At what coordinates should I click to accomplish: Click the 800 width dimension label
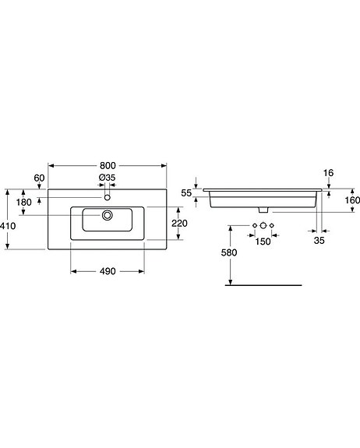point(108,165)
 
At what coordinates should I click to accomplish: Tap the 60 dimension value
point(39,178)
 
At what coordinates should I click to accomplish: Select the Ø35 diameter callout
point(107,178)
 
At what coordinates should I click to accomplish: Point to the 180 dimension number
point(24,203)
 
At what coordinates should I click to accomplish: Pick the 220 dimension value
point(179,224)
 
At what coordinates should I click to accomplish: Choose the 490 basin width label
point(107,271)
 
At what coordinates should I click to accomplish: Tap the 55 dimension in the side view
point(186,192)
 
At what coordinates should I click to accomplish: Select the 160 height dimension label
point(351,200)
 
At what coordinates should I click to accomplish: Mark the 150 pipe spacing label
point(263,242)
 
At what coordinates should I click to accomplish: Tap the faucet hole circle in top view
point(108,198)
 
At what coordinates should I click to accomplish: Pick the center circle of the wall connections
point(263,226)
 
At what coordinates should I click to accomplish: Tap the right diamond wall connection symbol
point(272,226)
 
